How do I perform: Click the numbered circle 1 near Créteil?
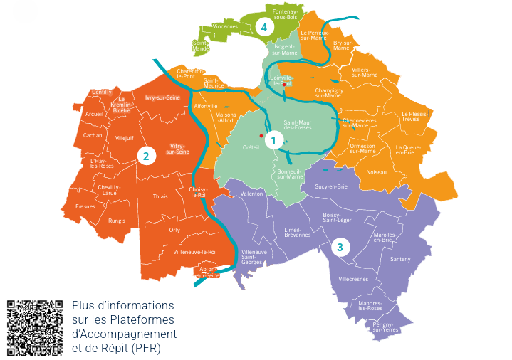(x=271, y=141)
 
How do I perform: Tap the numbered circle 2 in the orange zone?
(x=146, y=156)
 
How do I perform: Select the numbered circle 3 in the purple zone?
(x=340, y=248)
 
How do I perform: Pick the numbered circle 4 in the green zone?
(x=264, y=27)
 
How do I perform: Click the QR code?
(x=34, y=327)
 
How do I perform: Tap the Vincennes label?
(x=225, y=26)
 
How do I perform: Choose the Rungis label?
(x=117, y=221)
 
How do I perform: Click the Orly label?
(x=174, y=230)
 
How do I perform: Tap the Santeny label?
(x=400, y=259)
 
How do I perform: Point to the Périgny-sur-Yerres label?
(x=385, y=327)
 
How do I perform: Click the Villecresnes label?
(x=354, y=279)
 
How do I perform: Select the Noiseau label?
(x=376, y=172)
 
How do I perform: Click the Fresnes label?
(x=85, y=206)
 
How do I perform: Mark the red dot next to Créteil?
(x=261, y=135)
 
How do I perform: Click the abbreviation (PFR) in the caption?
(x=146, y=348)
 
